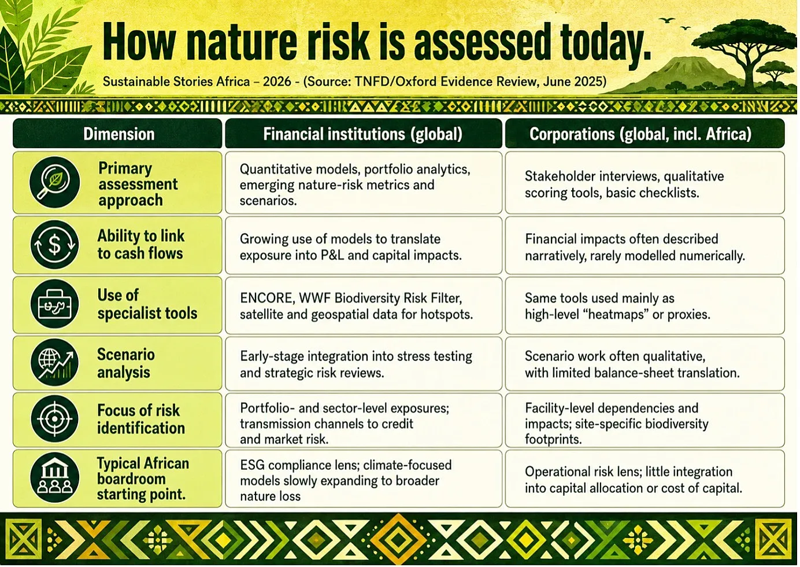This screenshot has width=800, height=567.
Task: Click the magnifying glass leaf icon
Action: (55, 182)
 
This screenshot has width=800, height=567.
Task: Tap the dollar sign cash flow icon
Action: (55, 245)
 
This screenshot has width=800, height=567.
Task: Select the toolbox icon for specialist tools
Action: (55, 304)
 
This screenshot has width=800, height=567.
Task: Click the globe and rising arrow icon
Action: (55, 363)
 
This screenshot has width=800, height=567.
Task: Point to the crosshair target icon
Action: (55, 419)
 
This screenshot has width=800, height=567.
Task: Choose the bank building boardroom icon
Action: (55, 478)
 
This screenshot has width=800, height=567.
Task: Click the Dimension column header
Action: (119, 134)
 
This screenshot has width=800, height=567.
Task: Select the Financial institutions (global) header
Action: (363, 134)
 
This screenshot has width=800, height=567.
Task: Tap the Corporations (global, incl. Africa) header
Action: (640, 134)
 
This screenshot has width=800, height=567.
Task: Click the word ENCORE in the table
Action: (266, 298)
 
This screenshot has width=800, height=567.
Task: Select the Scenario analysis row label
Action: (125, 363)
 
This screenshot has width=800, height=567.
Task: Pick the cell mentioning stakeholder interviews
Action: (645, 183)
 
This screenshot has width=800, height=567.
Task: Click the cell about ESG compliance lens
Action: (364, 478)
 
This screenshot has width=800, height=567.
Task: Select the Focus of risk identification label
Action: (140, 419)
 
